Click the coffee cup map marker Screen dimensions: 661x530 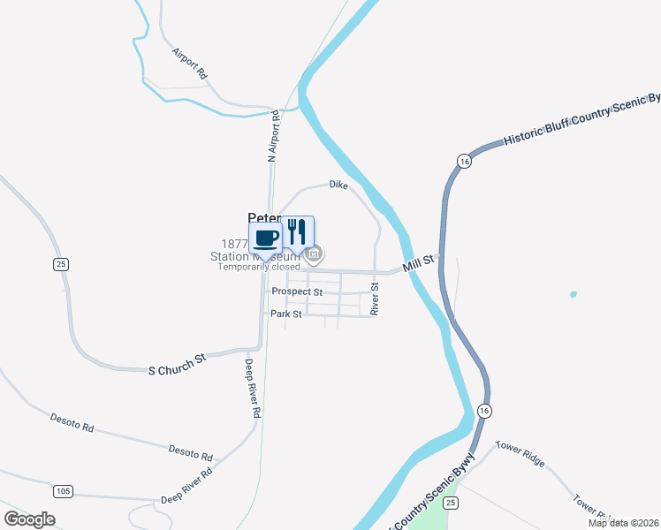[267, 237]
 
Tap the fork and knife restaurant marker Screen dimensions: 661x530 [298, 232]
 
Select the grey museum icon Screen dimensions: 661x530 [315, 254]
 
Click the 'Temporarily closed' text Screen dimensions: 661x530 [259, 267]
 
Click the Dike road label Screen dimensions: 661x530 [338, 185]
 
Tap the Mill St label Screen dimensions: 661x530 [418, 262]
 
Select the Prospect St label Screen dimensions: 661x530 [297, 291]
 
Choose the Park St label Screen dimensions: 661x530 [286, 314]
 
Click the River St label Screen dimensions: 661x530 [375, 299]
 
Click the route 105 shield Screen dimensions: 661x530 [63, 490]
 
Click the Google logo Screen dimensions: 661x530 [29, 519]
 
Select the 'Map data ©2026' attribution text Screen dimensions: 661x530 [622, 523]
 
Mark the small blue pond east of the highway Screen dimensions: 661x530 [574, 294]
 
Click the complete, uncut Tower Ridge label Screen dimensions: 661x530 [520, 455]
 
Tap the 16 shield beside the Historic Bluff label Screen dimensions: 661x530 [464, 160]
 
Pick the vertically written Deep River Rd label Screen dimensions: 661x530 [252, 388]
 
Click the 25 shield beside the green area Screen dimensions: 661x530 [452, 503]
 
